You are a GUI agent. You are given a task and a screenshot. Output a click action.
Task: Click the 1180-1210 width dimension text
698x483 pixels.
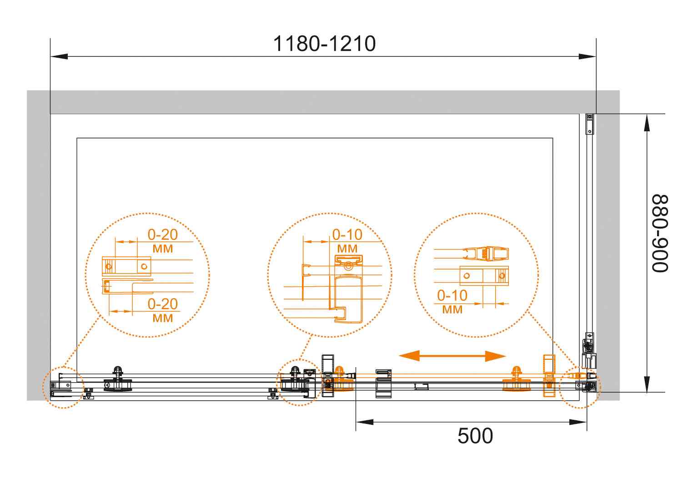point(324,44)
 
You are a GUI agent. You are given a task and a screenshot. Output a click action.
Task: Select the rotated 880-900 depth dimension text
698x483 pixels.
point(660,233)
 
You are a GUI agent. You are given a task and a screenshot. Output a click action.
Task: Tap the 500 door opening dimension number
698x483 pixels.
point(475,436)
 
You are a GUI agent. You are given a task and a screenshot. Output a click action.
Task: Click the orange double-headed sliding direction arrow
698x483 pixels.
point(452,356)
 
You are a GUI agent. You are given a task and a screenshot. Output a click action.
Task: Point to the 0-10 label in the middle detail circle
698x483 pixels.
point(347,234)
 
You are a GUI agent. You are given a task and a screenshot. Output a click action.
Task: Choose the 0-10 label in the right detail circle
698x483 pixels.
point(452,295)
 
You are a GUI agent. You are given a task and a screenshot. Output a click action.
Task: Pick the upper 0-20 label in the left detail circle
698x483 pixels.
point(162,234)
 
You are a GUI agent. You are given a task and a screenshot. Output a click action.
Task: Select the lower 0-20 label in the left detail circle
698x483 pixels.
point(162,304)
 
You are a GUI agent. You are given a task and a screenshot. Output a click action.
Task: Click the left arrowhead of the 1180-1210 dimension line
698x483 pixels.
point(59,56)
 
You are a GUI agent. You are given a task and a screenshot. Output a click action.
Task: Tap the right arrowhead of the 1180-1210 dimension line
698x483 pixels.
point(587,56)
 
